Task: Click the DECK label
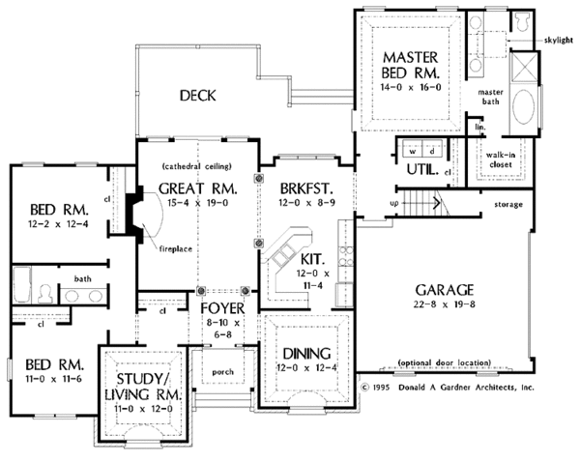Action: (197, 96)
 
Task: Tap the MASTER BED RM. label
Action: (411, 65)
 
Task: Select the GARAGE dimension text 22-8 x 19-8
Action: (445, 304)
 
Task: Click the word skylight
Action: (559, 40)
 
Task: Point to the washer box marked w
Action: (413, 151)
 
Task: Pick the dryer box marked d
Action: (432, 151)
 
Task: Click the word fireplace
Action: (176, 249)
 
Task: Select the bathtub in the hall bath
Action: (22, 285)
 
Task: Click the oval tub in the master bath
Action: (522, 106)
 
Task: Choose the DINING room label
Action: (306, 354)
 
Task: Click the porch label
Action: (222, 372)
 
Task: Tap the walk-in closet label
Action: (500, 159)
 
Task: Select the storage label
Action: (508, 204)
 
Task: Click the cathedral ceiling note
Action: (197, 166)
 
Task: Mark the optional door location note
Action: (445, 362)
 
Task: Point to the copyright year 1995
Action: (381, 388)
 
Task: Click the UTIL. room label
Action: (422, 170)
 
